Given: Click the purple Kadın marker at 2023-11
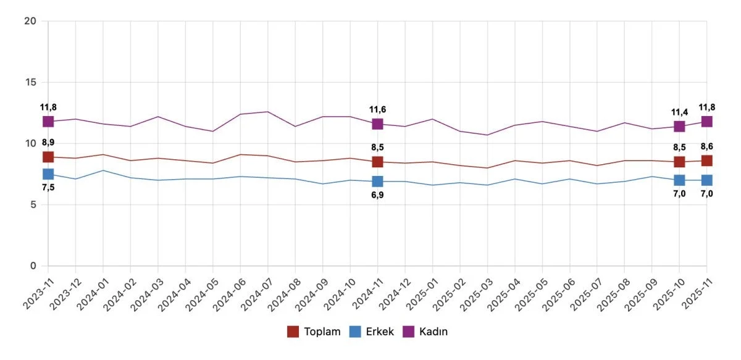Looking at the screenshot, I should click(48, 122).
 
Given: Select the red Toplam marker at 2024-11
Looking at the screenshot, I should click(377, 162).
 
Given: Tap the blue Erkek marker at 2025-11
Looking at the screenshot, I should click(706, 180).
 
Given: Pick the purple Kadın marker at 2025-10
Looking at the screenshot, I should click(679, 127).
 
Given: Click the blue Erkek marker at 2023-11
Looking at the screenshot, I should click(48, 174).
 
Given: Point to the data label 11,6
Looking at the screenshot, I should click(377, 109).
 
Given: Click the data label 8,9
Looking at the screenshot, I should click(48, 143).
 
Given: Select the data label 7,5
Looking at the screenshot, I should click(48, 188).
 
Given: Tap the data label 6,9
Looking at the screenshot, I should click(377, 195).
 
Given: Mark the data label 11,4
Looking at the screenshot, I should click(679, 112).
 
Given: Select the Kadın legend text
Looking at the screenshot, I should click(433, 332).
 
